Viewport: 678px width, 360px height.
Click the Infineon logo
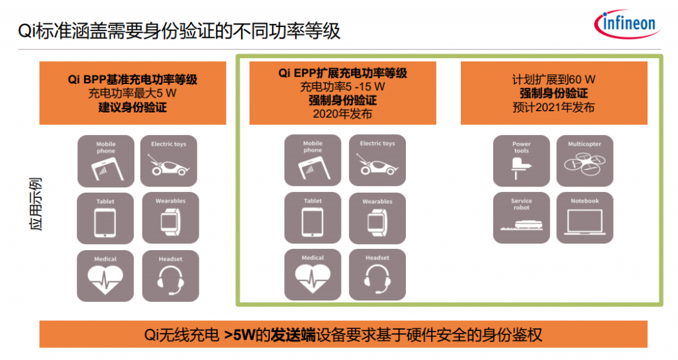click(628, 24)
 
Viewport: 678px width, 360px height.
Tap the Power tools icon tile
click(522, 161)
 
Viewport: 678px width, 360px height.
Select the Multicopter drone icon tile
click(585, 161)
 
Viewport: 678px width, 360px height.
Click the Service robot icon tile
click(522, 218)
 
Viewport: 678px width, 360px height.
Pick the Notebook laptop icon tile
click(585, 218)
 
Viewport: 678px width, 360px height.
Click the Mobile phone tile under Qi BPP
click(106, 161)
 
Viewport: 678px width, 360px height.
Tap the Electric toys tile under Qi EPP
click(377, 160)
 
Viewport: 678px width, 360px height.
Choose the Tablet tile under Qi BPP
click(105, 218)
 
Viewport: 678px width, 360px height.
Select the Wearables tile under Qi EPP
click(377, 218)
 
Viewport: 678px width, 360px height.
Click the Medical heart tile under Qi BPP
click(105, 276)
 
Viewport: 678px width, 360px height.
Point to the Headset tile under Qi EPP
click(377, 275)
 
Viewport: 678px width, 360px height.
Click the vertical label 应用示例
click(36, 204)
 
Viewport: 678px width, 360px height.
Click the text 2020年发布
click(342, 114)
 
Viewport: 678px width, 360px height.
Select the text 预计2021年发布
click(554, 107)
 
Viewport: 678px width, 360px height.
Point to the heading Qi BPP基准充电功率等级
click(132, 79)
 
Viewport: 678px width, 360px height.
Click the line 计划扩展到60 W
click(554, 79)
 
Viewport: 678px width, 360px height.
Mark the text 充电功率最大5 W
click(132, 93)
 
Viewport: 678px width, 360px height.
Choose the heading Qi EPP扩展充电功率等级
click(343, 73)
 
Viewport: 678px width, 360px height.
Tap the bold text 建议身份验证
click(132, 107)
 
